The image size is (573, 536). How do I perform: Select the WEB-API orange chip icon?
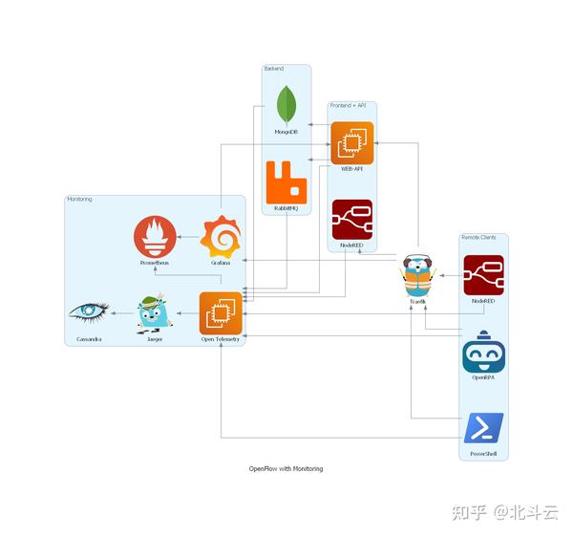click(351, 143)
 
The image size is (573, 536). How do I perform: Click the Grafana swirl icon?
click(221, 236)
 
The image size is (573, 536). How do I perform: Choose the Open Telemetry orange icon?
click(221, 312)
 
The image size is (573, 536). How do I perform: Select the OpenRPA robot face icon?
click(483, 354)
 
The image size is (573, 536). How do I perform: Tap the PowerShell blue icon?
click(483, 428)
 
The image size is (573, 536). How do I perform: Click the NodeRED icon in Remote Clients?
click(483, 275)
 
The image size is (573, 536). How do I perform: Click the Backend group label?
click(274, 69)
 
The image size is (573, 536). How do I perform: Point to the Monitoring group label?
click(79, 199)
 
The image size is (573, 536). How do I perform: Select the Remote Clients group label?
click(477, 237)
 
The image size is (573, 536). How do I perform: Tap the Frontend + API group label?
click(347, 105)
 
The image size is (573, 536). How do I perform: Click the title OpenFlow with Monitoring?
click(286, 469)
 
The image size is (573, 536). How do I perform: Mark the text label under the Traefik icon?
click(417, 301)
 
